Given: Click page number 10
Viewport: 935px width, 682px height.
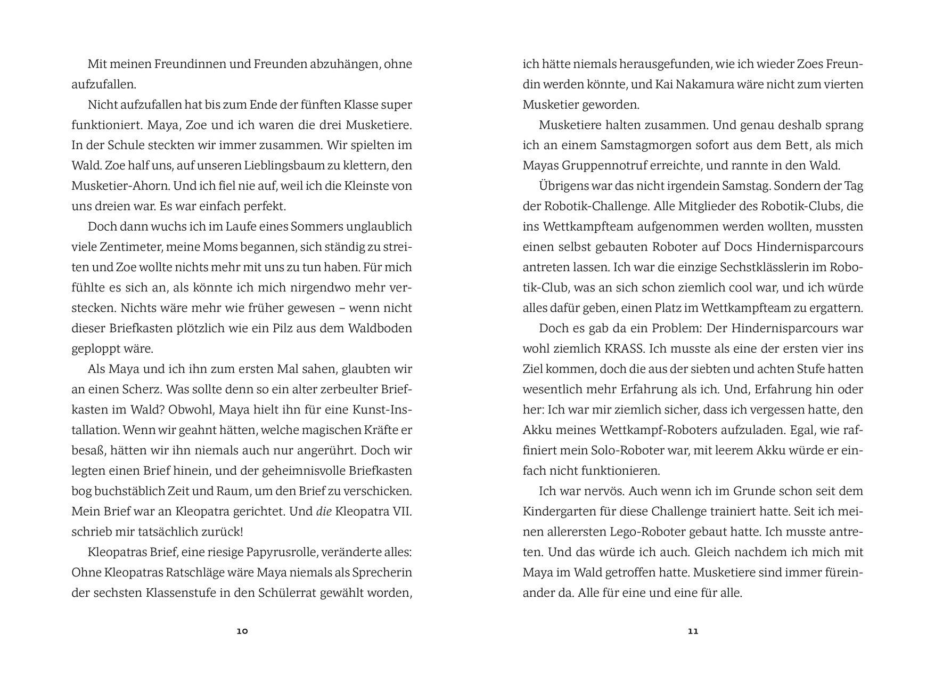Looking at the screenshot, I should (242, 631).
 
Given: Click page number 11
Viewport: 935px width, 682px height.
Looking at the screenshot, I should (693, 631).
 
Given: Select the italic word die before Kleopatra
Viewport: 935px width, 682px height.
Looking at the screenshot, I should (324, 511).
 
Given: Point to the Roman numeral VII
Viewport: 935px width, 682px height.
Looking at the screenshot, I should (401, 511).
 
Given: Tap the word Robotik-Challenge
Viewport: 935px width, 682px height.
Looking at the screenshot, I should (595, 206).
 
